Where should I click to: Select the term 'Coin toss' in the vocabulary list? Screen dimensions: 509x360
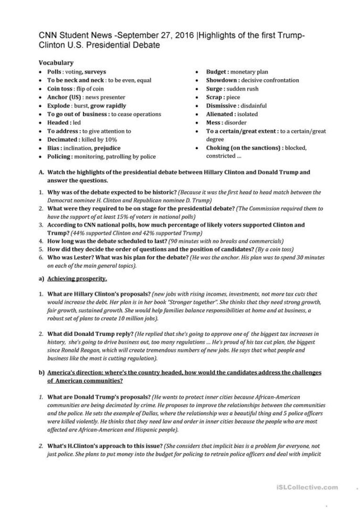click(x=60, y=89)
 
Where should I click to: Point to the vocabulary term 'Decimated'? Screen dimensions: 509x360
click(x=63, y=140)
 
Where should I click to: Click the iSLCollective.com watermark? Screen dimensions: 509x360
click(x=312, y=488)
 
